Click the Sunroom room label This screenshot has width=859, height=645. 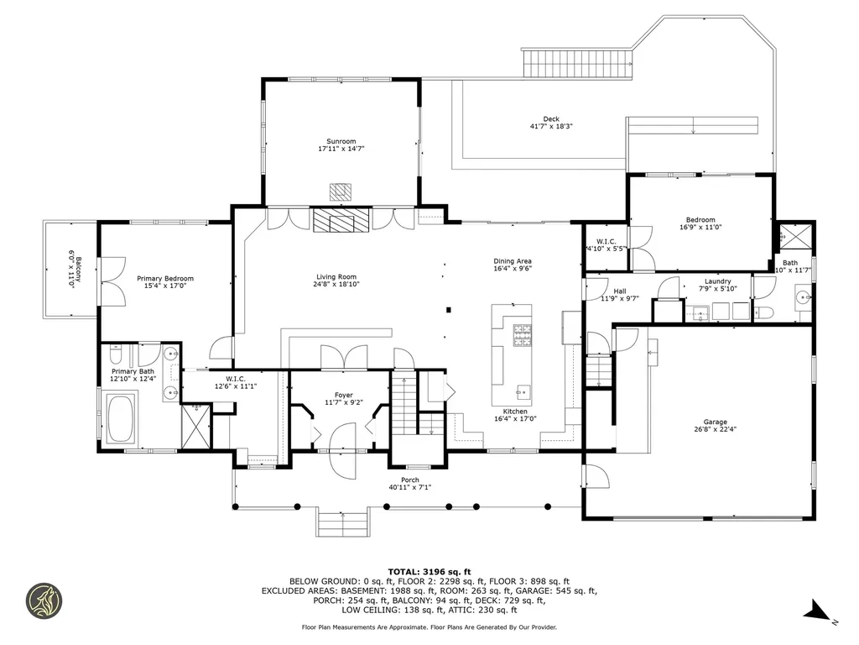[341, 141]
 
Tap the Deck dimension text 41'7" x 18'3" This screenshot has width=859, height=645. [551, 126]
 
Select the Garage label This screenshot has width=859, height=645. [715, 422]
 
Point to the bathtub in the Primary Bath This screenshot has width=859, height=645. [121, 419]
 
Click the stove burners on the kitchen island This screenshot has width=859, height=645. [522, 335]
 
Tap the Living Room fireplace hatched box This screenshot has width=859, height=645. [342, 219]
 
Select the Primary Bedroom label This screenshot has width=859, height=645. [165, 279]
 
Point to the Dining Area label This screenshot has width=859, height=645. [513, 261]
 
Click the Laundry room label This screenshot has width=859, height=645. [718, 281]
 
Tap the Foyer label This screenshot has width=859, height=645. [343, 395]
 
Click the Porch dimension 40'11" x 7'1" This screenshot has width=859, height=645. [409, 487]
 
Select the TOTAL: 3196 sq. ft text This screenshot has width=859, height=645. [429, 572]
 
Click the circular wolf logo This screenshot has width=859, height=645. [44, 601]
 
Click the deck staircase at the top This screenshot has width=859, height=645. [577, 63]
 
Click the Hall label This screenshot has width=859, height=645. [620, 291]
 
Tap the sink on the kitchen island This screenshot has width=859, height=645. [523, 392]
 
